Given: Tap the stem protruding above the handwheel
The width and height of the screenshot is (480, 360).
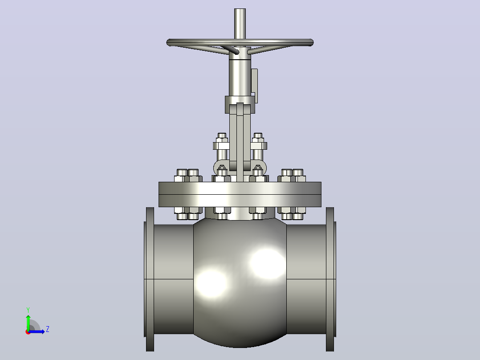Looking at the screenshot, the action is tap(240, 24).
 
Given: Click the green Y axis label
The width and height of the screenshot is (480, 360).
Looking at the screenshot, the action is tap(28, 310).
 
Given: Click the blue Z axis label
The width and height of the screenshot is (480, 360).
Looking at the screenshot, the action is tap(48, 329).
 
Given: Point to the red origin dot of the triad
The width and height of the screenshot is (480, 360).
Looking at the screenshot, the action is tap(28, 332).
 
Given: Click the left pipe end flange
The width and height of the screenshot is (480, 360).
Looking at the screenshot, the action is tap(150, 279).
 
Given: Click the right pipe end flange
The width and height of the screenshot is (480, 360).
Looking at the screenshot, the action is tap(330, 279).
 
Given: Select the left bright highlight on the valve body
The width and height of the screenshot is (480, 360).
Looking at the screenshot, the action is tap(211, 283).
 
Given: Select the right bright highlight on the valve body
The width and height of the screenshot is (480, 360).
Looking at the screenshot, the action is tap(267, 263).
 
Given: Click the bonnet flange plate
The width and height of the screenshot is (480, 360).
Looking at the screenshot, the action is tap(240, 194).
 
